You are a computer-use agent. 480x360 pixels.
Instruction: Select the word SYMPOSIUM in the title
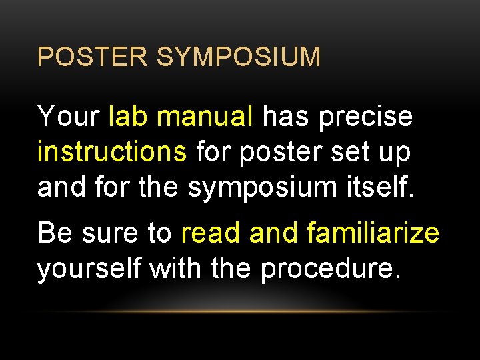(x=238, y=57)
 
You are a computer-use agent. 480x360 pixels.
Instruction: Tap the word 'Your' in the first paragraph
(x=68, y=117)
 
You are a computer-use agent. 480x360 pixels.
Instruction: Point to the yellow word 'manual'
(x=205, y=117)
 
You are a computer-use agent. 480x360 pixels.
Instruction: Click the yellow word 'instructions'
(x=112, y=152)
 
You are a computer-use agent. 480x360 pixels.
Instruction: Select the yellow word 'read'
(x=211, y=233)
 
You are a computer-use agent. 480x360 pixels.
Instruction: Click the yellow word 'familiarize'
(x=373, y=233)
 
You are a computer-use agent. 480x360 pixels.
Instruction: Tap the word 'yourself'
(x=89, y=269)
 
